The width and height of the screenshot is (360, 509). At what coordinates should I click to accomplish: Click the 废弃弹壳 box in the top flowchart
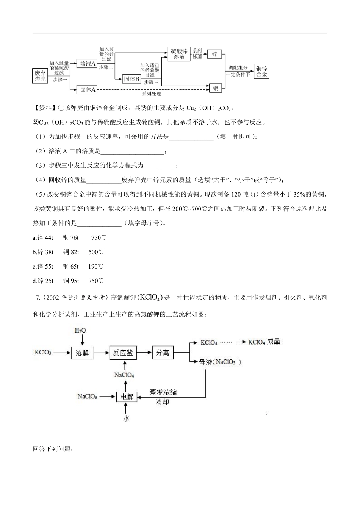point(40,76)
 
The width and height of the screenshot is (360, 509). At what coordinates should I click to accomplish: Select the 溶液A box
point(87,64)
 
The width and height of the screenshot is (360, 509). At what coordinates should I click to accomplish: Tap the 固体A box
point(88,89)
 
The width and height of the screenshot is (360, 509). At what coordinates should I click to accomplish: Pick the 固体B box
point(132,79)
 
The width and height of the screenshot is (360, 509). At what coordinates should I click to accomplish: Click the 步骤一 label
point(60,80)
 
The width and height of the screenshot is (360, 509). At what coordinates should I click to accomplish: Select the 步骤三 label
point(151,82)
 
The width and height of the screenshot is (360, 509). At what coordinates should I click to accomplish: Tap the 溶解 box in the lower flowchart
point(82,353)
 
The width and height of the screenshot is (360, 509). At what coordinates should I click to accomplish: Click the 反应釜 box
point(123,353)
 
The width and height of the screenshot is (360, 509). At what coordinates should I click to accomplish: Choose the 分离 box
point(163,353)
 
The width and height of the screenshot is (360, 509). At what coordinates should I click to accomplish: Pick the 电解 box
point(127,397)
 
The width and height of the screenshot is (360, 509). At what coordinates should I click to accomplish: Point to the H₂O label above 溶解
point(80,330)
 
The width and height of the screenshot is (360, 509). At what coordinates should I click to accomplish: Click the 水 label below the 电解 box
point(126,418)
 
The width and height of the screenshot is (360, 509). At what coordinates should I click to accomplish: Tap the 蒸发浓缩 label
point(163,392)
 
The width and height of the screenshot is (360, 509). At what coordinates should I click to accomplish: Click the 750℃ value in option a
point(99,237)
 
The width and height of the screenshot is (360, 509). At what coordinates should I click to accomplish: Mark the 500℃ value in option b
point(96,252)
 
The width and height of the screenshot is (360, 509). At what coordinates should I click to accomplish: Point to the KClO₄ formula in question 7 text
point(151,297)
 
